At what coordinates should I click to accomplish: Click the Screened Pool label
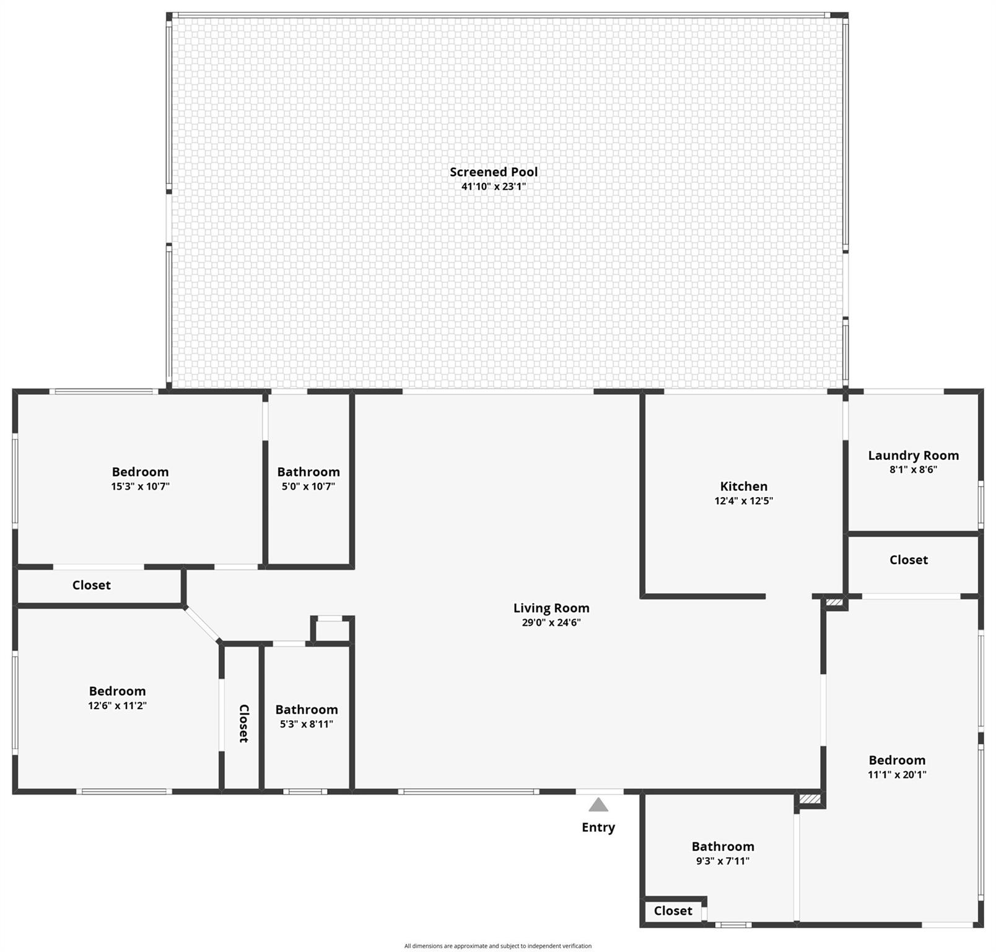coord(494,172)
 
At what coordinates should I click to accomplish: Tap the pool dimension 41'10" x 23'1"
coord(494,187)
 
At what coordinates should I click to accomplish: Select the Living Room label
coord(551,608)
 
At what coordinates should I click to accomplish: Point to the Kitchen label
coord(744,487)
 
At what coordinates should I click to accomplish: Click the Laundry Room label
coord(914,456)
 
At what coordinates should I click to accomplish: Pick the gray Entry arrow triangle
coord(598,804)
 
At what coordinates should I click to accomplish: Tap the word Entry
coord(598,827)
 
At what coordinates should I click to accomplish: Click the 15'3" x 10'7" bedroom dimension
coord(141,487)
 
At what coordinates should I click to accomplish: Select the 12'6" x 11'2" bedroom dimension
coord(118,705)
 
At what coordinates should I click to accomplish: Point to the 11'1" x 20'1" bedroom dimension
coord(898,774)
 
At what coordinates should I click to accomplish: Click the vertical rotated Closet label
coord(243,723)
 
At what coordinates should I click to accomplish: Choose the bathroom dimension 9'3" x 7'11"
coord(723,861)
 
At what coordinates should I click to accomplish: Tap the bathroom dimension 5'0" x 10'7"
coord(308,487)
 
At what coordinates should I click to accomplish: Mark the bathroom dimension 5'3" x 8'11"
coord(307,724)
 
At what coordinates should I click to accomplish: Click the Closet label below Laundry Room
coord(909,560)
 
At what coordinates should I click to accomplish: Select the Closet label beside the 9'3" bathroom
coord(673,910)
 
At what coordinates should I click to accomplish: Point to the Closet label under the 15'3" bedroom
coord(92,585)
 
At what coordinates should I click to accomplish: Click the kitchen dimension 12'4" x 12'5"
coord(744,501)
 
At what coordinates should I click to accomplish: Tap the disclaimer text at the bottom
coord(498,946)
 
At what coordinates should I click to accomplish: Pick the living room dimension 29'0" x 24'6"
coord(551,623)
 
